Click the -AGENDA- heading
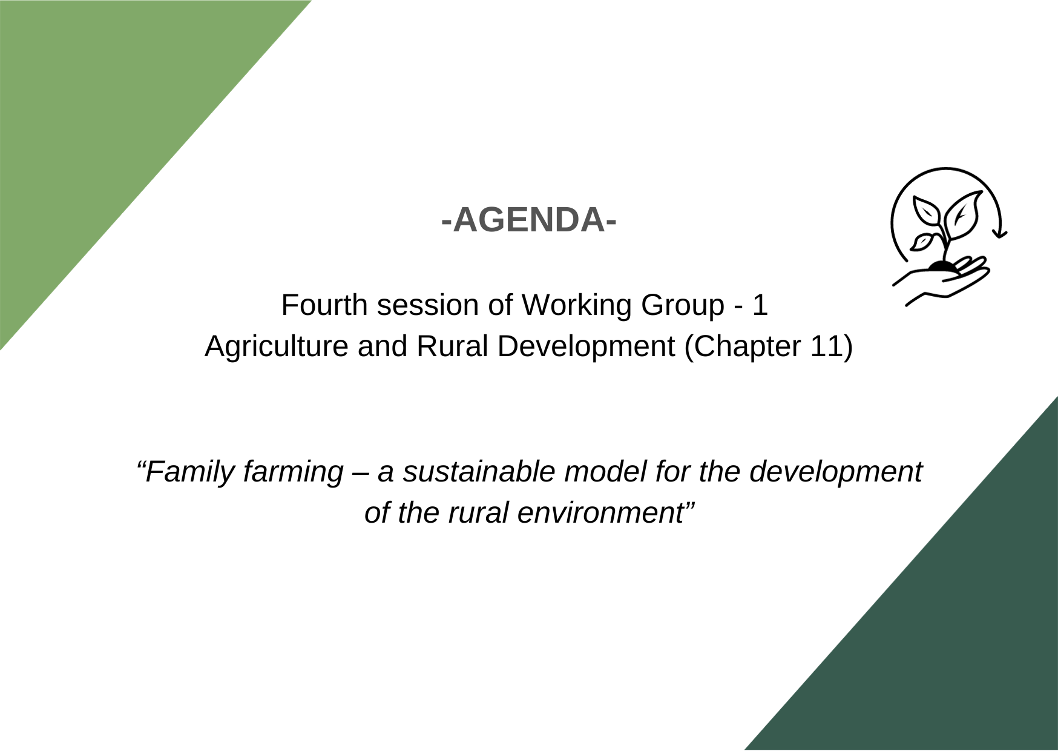pyautogui.click(x=529, y=219)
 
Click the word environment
pyautogui.click(x=600, y=513)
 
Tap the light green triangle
pyautogui.click(x=103, y=115)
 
